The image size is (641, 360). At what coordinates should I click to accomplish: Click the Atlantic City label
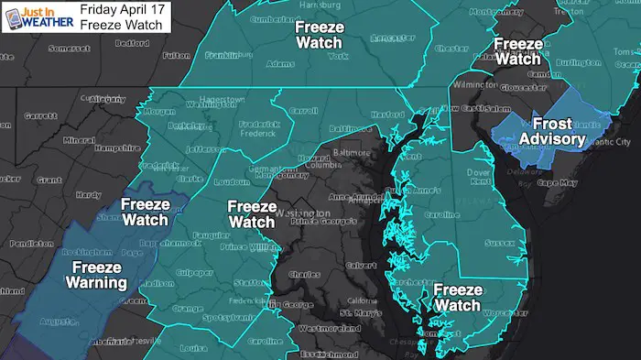coord(610,142)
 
